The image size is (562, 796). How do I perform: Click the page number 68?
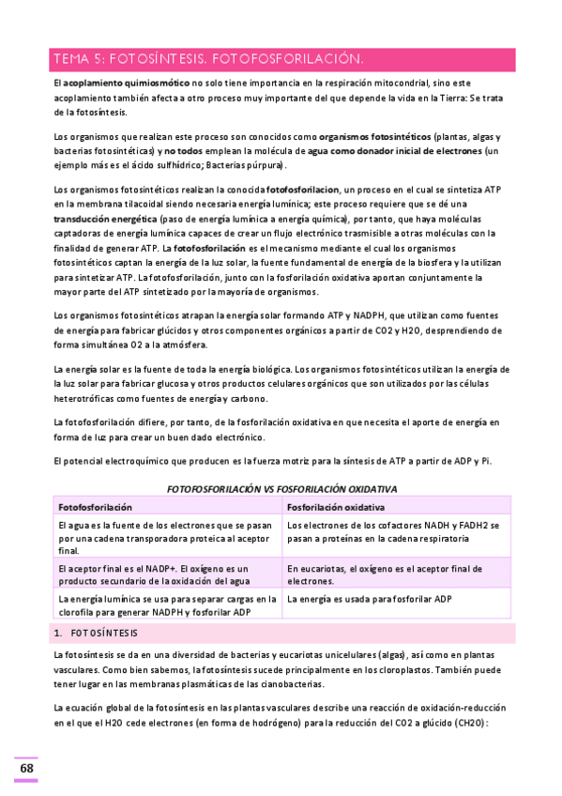click(26, 769)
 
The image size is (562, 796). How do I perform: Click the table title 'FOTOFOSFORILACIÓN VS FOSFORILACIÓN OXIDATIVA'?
click(281, 489)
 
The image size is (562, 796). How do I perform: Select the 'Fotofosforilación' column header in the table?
click(95, 507)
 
